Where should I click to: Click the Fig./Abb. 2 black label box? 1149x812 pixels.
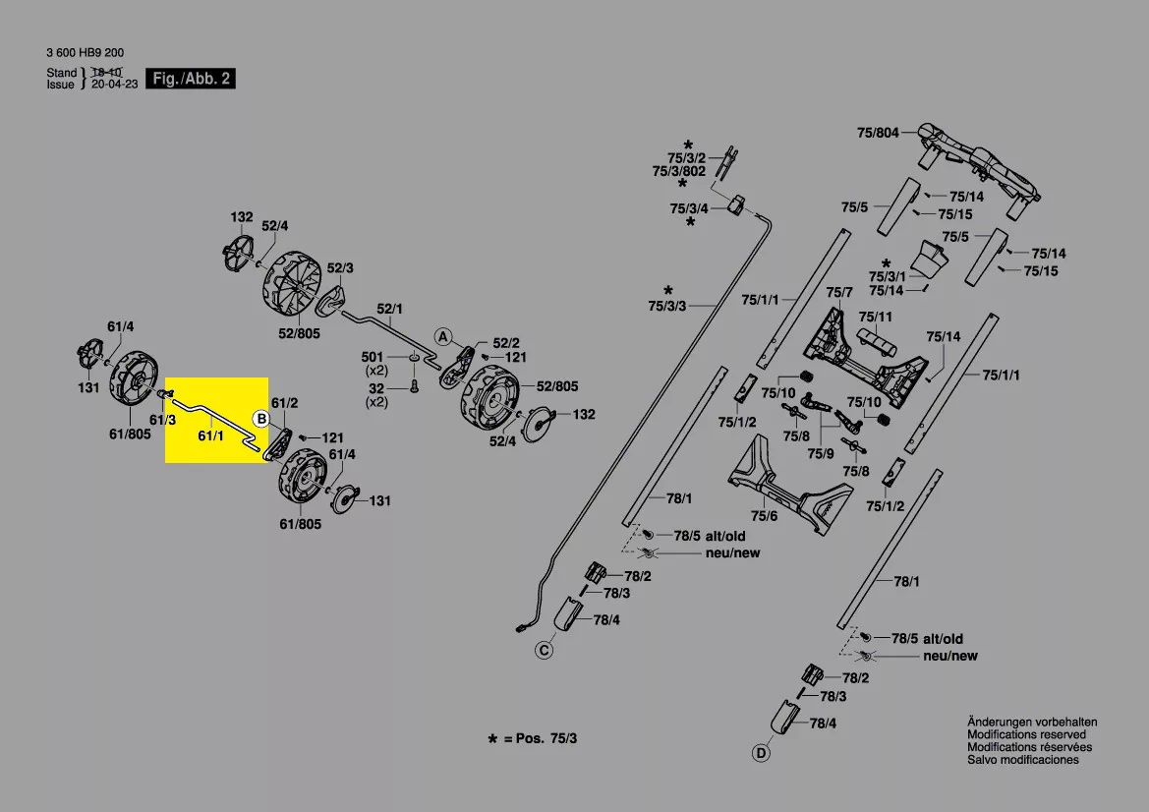pyautogui.click(x=191, y=79)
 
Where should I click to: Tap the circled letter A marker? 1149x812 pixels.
pyautogui.click(x=443, y=336)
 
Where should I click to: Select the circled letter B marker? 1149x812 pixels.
pyautogui.click(x=260, y=419)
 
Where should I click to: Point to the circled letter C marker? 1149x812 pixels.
pyautogui.click(x=544, y=650)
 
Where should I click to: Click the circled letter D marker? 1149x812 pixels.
pyautogui.click(x=762, y=753)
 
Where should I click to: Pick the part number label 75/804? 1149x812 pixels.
pyautogui.click(x=878, y=133)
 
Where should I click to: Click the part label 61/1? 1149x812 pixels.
pyautogui.click(x=211, y=436)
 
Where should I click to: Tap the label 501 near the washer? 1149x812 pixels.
pyautogui.click(x=373, y=357)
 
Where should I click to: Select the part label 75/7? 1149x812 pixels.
pyautogui.click(x=839, y=292)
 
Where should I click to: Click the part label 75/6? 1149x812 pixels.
pyautogui.click(x=764, y=516)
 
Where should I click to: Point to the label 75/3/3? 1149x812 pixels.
pyautogui.click(x=666, y=306)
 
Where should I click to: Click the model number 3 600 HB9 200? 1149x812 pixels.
pyautogui.click(x=85, y=53)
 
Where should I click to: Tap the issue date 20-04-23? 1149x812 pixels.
pyautogui.click(x=114, y=85)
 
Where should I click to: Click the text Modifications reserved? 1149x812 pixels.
pyautogui.click(x=1026, y=734)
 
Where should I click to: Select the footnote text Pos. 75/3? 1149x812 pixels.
pyautogui.click(x=546, y=738)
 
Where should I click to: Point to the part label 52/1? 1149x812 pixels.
pyautogui.click(x=390, y=309)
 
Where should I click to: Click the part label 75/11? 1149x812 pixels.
pyautogui.click(x=876, y=317)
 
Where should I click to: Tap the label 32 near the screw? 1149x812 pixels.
pyautogui.click(x=375, y=388)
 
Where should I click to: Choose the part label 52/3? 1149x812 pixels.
pyautogui.click(x=340, y=268)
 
